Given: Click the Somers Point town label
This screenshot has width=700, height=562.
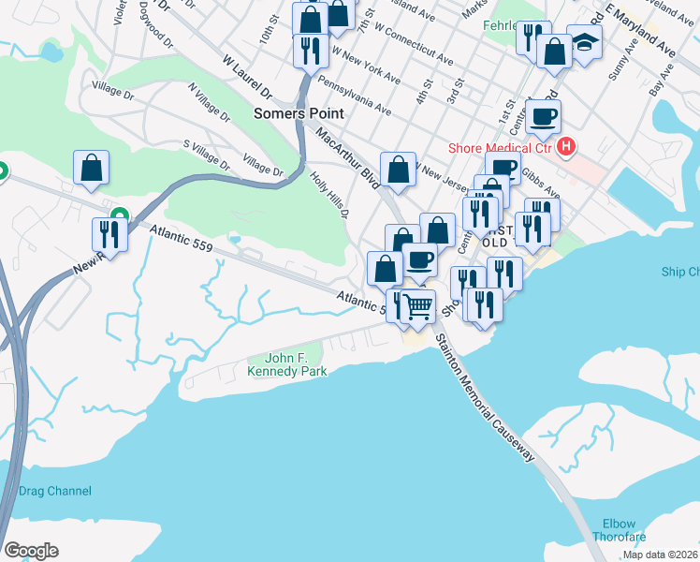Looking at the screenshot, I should click(299, 113).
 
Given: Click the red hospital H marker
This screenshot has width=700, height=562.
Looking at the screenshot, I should click(565, 146).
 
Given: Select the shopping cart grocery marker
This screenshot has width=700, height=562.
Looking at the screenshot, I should click(417, 305).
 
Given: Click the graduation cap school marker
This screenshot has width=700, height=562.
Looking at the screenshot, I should click(585, 41).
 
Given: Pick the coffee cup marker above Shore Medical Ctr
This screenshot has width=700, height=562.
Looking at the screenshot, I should click(543, 117).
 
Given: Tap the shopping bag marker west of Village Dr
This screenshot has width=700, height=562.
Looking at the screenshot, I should click(92, 168).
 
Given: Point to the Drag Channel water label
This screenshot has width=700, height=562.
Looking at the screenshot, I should click(55, 491).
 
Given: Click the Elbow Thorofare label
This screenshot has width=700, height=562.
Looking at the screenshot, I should click(614, 531).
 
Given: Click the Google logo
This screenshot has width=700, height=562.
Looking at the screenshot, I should click(31, 551).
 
